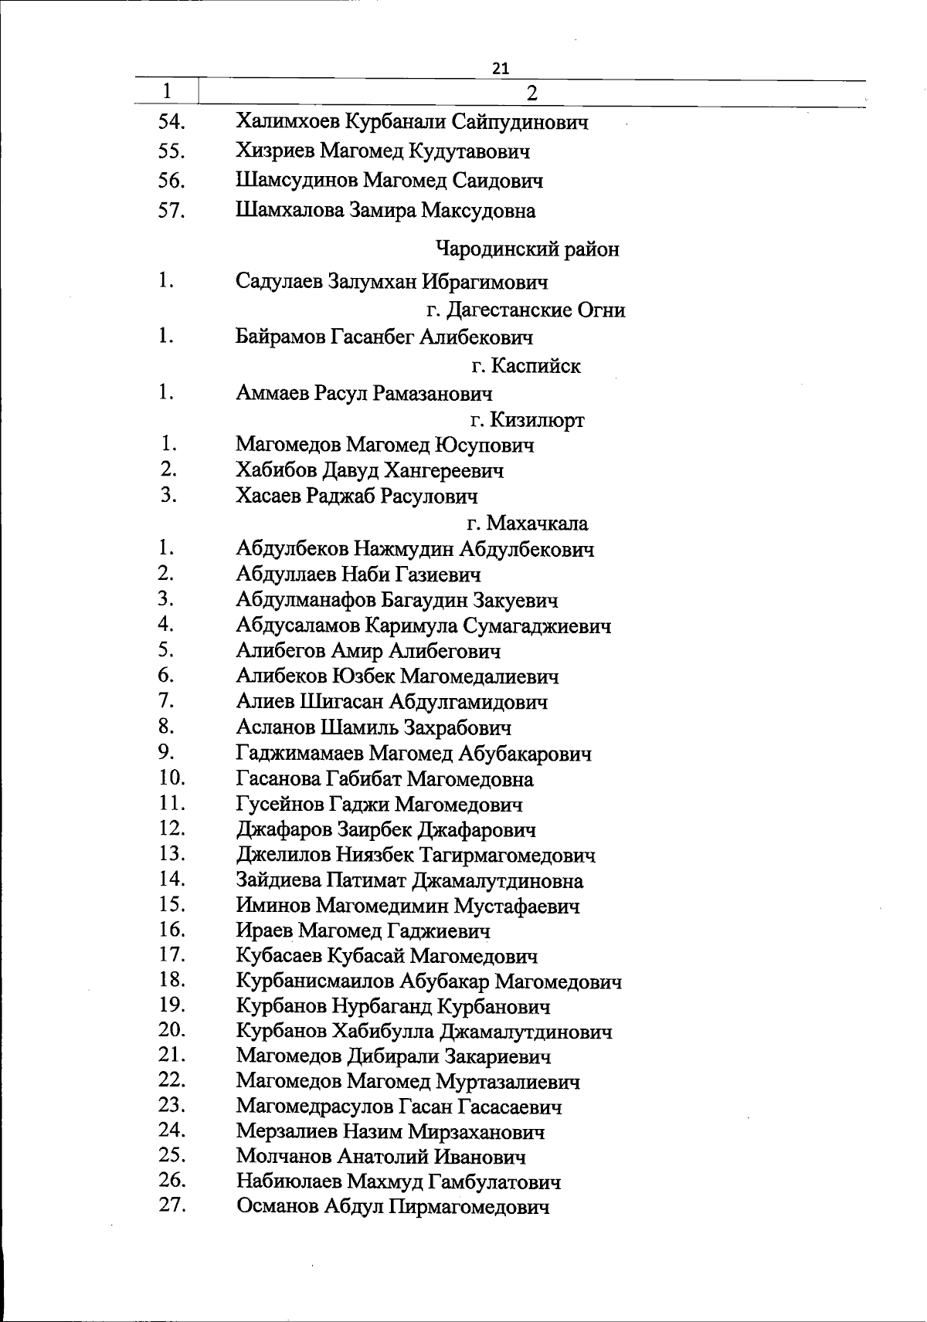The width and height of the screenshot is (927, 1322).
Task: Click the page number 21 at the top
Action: (501, 69)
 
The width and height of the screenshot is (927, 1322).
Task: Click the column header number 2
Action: (531, 93)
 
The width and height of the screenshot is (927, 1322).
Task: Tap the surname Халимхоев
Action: (287, 122)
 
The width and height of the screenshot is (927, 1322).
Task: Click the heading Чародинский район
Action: (528, 249)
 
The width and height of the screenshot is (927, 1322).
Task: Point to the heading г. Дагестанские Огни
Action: (525, 310)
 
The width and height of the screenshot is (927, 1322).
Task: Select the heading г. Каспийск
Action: (525, 366)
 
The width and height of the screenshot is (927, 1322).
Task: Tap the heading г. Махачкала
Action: (527, 524)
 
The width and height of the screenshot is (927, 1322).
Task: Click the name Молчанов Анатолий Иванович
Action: (381, 1157)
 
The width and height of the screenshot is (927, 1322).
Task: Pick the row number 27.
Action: (171, 1205)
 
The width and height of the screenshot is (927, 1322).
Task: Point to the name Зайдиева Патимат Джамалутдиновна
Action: (409, 880)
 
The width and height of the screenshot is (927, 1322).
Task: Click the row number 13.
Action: (171, 853)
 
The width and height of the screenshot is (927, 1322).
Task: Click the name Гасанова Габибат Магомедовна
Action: (385, 779)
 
